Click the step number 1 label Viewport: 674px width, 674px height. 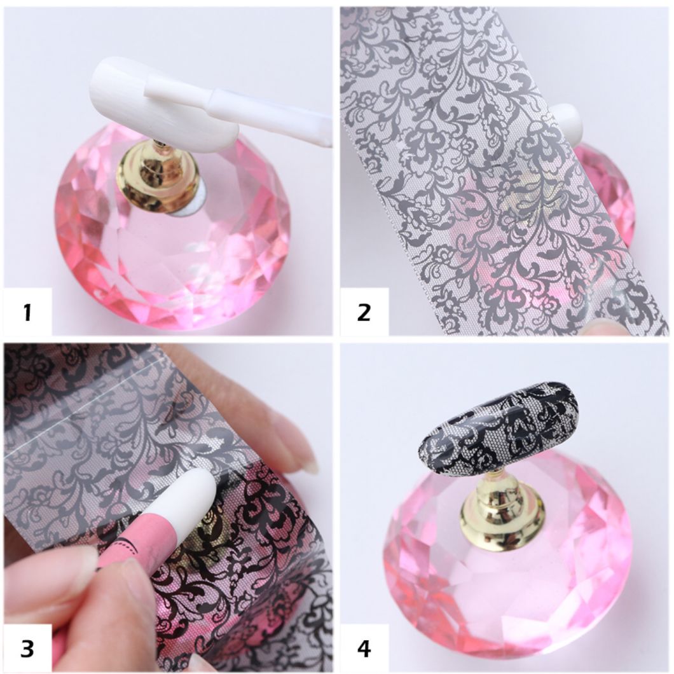coord(27,312)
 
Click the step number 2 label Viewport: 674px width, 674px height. coord(364,312)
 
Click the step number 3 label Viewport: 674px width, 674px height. coord(27,649)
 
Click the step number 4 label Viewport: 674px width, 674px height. coord(364,649)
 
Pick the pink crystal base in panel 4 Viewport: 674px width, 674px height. coord(509,591)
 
